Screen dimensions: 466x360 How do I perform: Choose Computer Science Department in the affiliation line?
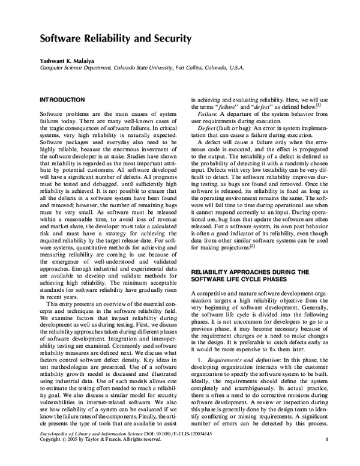[76, 68]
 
